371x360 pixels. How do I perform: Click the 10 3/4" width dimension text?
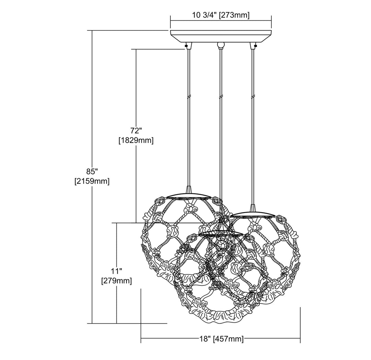pos(204,15)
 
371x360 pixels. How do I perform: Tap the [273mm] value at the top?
pos(234,15)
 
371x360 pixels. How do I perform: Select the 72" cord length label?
pos(136,130)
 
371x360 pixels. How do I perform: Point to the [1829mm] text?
pos(136,140)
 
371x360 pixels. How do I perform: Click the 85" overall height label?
pos(92,171)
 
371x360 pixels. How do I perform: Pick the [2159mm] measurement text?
pos(92,181)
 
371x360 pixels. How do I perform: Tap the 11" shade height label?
pos(117,270)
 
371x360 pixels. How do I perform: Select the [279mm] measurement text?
pos(117,281)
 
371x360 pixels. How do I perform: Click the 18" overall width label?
pos(205,339)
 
